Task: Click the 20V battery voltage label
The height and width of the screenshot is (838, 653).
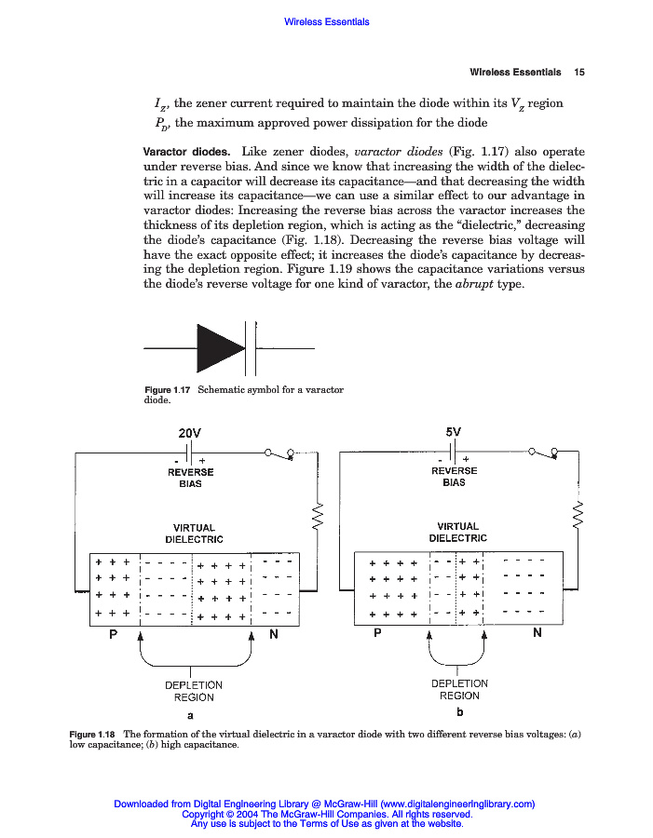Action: point(189,434)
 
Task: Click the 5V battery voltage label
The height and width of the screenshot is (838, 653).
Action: point(454,433)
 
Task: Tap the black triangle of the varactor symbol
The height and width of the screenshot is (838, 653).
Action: point(219,347)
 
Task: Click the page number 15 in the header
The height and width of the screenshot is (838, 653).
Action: point(578,72)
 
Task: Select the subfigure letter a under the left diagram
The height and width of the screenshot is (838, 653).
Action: point(190,716)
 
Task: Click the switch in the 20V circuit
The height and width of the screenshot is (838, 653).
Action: point(279,453)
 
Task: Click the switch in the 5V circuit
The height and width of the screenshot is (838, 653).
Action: point(543,453)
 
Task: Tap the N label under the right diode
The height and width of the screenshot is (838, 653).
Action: point(537,633)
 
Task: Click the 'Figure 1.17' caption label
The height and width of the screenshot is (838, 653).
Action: point(168,389)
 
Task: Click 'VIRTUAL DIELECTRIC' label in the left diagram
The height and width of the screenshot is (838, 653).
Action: point(194,534)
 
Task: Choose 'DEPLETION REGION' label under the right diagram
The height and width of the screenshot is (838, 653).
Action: point(459,689)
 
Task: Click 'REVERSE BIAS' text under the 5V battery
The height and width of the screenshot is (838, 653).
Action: point(454,476)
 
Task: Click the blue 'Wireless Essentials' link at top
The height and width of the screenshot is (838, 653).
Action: point(326,21)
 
